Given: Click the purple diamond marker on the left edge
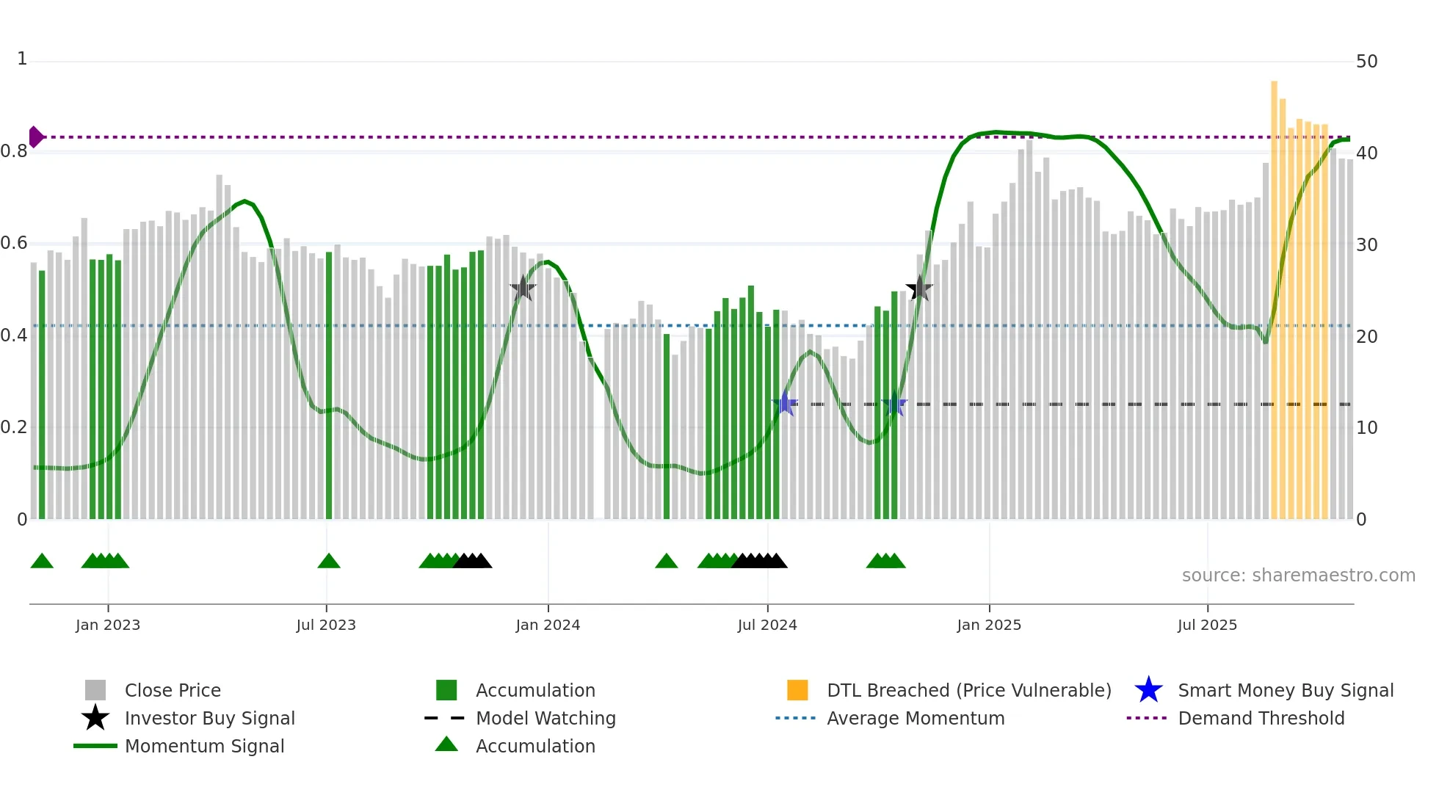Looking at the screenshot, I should (35, 137).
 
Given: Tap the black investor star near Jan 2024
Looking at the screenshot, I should (523, 289).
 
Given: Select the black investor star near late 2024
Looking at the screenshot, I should (919, 289).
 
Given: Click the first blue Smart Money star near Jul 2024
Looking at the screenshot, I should (785, 404).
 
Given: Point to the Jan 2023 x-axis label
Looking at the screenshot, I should (108, 625).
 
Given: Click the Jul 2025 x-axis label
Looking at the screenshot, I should (1207, 625).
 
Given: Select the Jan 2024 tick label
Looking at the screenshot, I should (548, 625).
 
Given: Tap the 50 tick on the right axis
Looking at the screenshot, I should (1366, 62).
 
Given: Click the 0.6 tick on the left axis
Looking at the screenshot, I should (15, 243).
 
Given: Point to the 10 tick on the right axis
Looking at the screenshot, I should (1366, 428).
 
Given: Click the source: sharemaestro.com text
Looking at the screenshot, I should (1298, 576).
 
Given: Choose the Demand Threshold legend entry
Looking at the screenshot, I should (1261, 718).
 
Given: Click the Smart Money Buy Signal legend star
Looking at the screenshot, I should (1148, 690).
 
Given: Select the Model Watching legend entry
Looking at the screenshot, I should (545, 718).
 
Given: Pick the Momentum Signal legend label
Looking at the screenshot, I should (204, 746).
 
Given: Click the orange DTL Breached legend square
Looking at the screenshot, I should (797, 690).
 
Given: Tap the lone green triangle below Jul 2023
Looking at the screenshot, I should (329, 562).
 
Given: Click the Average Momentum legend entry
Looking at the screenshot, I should (915, 718).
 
